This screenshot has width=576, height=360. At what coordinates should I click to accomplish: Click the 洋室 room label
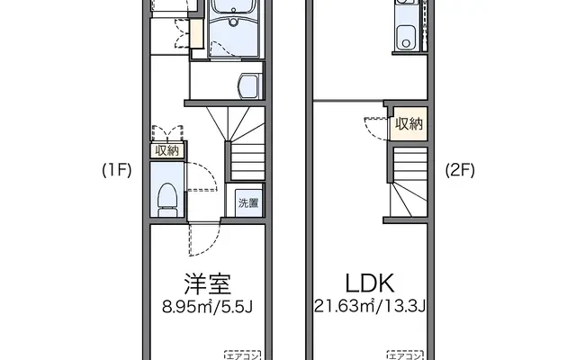coord(208,284)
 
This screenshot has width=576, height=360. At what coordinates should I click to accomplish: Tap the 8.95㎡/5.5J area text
coord(208,307)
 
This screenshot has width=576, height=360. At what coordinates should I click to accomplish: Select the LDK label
coord(370,283)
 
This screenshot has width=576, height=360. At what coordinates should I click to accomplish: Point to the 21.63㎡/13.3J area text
coord(370,306)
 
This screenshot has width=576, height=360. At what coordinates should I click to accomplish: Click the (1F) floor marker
coord(117,170)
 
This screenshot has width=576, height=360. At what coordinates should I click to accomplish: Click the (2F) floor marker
coord(460,170)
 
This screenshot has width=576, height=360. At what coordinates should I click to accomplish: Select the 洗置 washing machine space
coord(248,202)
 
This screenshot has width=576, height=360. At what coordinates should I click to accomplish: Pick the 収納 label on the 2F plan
coord(409,124)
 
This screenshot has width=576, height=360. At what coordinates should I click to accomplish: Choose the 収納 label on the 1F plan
coord(167,150)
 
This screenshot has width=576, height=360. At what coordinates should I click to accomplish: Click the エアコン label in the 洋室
coord(242,355)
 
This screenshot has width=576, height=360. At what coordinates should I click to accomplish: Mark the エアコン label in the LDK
coord(405,355)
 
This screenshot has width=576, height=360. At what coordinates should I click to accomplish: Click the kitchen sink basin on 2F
coord(406,38)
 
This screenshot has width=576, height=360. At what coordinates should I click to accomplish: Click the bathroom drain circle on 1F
coord(234,22)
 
